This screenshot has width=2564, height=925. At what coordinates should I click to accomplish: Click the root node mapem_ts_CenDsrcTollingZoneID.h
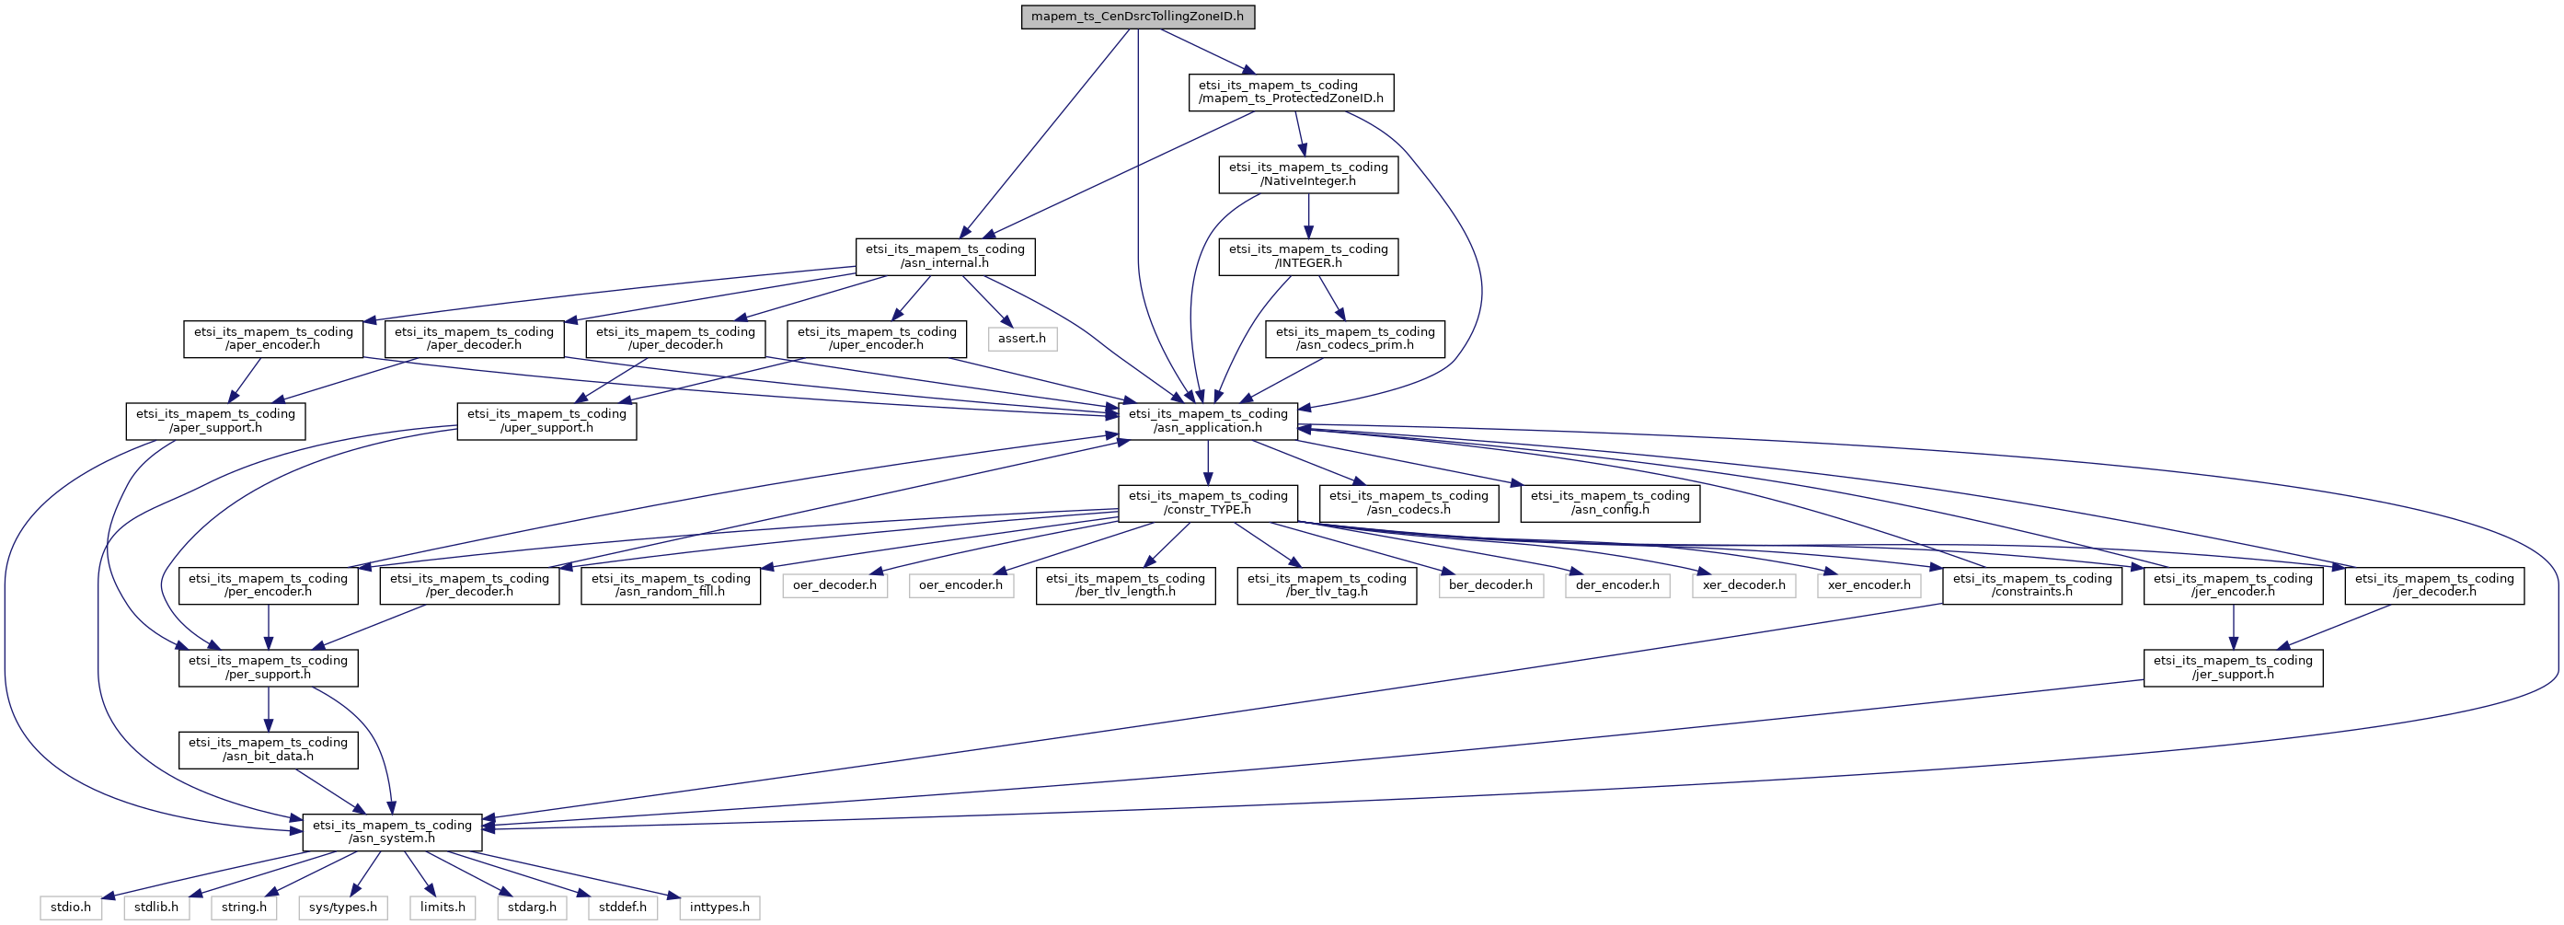(1138, 17)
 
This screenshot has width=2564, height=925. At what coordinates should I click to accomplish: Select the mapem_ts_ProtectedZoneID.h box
(1291, 93)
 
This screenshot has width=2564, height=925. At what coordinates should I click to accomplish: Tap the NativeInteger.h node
(1308, 174)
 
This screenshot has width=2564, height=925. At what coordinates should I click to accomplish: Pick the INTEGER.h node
(1308, 257)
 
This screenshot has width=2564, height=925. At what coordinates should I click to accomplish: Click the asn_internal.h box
(945, 257)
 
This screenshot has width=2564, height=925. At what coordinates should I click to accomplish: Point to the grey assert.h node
(1022, 339)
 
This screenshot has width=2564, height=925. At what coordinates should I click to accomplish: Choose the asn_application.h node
(1207, 422)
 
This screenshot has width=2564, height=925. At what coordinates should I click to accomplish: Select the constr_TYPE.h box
(1207, 503)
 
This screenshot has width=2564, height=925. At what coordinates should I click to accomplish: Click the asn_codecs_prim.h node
(1354, 339)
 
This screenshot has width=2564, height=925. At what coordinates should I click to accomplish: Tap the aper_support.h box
(215, 422)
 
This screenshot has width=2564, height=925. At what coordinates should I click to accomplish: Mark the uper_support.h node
(546, 422)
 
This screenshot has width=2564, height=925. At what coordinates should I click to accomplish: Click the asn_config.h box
(1609, 503)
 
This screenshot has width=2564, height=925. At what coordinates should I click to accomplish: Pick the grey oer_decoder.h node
(834, 585)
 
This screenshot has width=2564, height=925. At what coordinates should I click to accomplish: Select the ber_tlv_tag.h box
(1327, 585)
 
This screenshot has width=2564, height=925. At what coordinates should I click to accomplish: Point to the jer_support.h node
(2234, 667)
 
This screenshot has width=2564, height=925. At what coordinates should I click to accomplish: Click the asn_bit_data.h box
(268, 750)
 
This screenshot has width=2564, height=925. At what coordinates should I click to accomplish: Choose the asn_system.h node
(392, 832)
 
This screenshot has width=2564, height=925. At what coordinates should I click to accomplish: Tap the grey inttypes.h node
(719, 908)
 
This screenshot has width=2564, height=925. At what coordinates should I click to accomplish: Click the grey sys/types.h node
(342, 908)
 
